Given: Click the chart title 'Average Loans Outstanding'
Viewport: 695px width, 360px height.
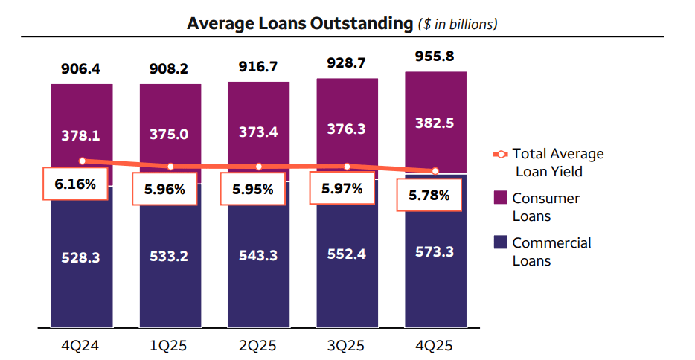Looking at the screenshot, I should coord(299,23).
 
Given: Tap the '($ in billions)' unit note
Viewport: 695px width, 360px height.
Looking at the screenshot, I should coord(456,25).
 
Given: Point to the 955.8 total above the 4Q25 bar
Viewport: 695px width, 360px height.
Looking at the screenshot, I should coord(435,57).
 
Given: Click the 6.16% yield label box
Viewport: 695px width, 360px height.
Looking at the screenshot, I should coord(75,184).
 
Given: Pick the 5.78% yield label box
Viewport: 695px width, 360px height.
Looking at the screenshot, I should coord(429,196).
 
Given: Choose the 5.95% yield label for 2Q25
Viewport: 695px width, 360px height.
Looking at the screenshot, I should coord(252,189).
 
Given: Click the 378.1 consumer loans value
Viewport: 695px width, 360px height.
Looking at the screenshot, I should coord(82,136).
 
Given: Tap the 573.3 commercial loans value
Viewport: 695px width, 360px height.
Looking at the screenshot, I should coord(435,251).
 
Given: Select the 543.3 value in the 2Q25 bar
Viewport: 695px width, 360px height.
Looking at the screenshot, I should coord(258,255).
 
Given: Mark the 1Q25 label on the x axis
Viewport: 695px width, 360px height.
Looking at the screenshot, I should coord(170,346).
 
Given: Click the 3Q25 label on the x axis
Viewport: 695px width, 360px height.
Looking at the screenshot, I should coord(347,346).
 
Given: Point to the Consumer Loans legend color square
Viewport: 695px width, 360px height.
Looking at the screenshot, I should coord(499,198).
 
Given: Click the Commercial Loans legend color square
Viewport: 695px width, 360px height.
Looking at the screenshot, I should coord(499,242).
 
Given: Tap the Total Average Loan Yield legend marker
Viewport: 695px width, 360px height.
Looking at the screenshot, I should coord(500,154).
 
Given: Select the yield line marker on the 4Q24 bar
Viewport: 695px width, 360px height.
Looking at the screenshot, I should coord(82,161).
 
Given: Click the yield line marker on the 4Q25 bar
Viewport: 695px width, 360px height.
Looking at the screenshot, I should coord(435,170).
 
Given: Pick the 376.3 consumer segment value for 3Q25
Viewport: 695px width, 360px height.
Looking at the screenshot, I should coord(347,129).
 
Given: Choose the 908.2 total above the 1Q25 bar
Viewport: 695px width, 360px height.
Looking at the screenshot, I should coord(170,69).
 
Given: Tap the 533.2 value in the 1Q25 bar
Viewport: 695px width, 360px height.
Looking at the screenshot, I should coord(170,257).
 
